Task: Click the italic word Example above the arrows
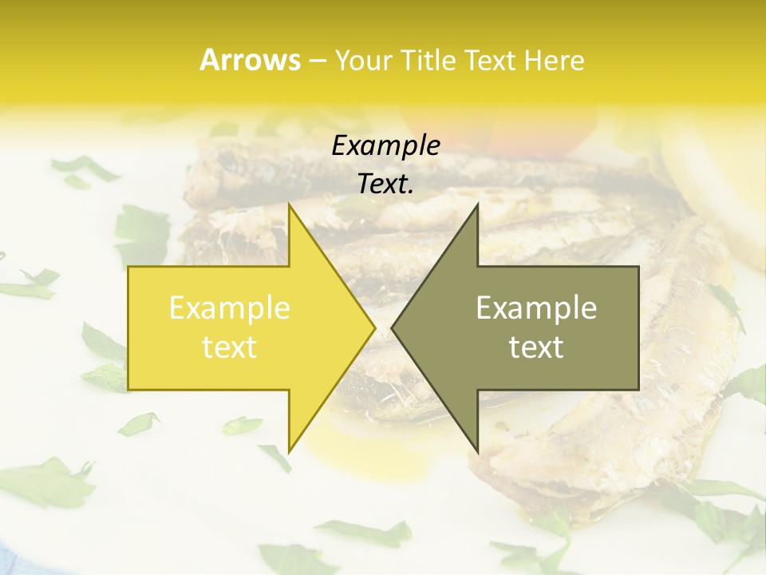(x=385, y=146)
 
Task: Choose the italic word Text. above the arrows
(x=385, y=184)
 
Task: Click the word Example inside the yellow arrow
(x=229, y=308)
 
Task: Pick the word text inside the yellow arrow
(x=229, y=347)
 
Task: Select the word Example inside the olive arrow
(x=536, y=308)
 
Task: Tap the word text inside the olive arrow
(x=536, y=347)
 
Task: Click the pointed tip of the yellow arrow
(x=374, y=327)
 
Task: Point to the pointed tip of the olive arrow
(x=393, y=327)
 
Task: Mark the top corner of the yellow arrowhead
(x=290, y=204)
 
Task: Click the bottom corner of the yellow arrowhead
(x=290, y=450)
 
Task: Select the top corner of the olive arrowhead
(x=477, y=204)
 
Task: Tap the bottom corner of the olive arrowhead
(x=477, y=450)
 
